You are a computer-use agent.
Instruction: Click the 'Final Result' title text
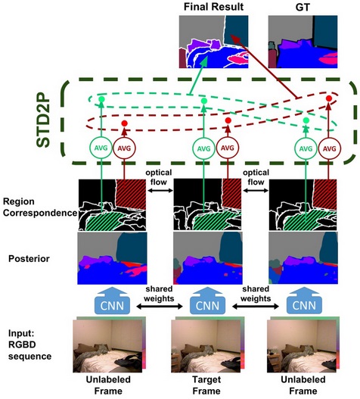(x=213, y=7)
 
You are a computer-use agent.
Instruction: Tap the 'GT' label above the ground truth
(x=303, y=7)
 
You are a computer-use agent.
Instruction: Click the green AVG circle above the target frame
(x=203, y=148)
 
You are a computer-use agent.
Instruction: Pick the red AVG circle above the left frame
(x=124, y=148)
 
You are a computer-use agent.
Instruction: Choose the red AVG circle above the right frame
(x=329, y=148)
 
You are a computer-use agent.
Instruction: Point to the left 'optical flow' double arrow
(x=160, y=190)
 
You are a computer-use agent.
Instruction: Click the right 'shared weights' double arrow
(x=256, y=307)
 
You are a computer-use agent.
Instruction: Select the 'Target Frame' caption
(x=206, y=385)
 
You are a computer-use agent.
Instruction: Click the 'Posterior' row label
(x=29, y=258)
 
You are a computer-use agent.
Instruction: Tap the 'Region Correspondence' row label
(x=40, y=207)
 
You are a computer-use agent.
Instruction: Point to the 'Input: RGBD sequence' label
(x=29, y=344)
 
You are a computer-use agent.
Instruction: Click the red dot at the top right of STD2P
(x=329, y=98)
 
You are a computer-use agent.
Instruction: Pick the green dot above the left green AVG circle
(x=101, y=99)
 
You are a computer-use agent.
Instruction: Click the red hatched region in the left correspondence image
(x=131, y=194)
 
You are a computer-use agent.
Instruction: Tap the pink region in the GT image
(x=329, y=59)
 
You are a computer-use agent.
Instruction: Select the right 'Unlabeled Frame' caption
(x=303, y=385)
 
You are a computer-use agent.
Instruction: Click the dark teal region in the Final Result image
(x=236, y=30)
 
